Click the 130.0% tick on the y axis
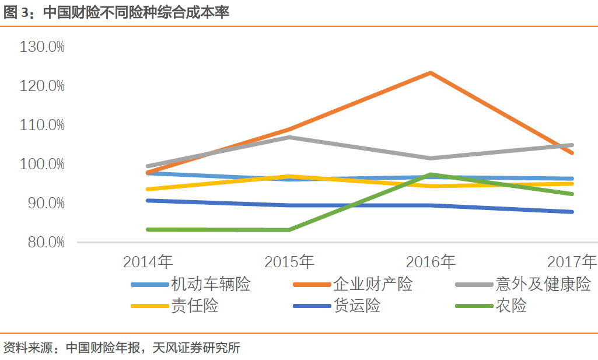click(42, 47)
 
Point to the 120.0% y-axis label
click(42, 86)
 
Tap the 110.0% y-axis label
click(42, 125)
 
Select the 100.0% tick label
click(42, 164)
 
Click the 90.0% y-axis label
click(44, 203)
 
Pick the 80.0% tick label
click(44, 242)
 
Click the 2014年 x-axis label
click(148, 261)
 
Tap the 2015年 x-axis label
click(289, 261)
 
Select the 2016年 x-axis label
click(431, 261)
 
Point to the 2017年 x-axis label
click(572, 261)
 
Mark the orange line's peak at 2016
click(431, 73)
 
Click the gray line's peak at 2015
click(289, 137)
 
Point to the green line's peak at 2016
click(431, 174)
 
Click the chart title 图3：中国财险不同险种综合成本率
click(117, 13)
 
